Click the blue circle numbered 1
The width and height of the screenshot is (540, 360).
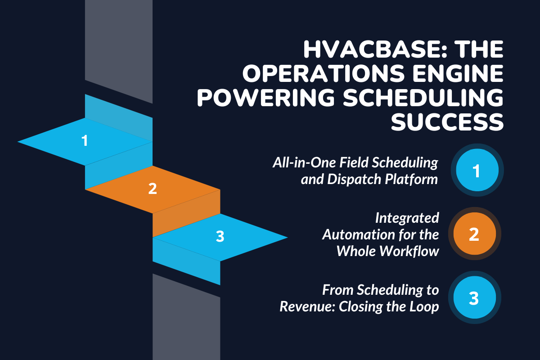click(477, 171)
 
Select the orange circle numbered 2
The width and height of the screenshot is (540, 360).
click(474, 234)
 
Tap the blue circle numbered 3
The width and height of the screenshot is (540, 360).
click(474, 298)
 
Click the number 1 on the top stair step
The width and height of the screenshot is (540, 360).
click(85, 141)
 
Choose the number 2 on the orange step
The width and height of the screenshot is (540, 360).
click(153, 189)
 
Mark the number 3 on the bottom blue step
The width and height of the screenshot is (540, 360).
click(220, 237)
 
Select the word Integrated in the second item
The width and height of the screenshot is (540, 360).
click(407, 218)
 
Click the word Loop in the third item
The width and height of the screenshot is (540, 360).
click(425, 307)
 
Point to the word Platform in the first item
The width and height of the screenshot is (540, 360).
click(414, 179)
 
